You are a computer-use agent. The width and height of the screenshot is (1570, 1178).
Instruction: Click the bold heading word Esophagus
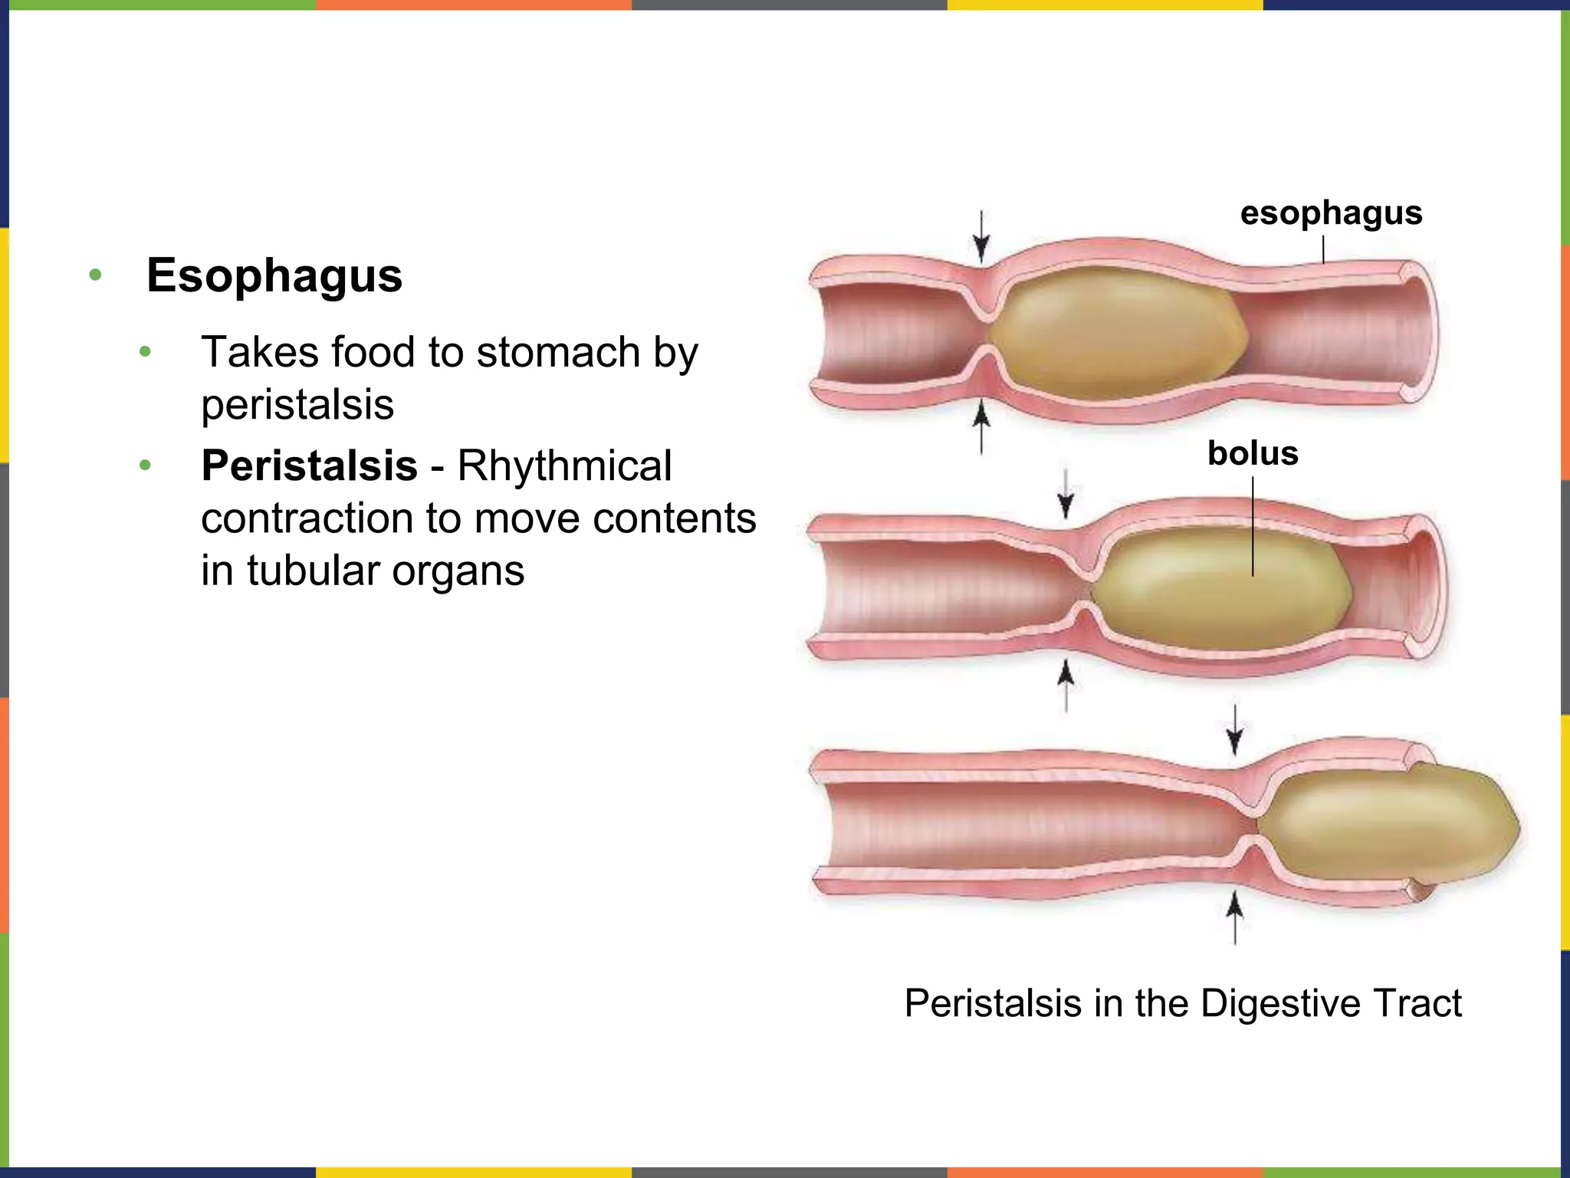tap(274, 275)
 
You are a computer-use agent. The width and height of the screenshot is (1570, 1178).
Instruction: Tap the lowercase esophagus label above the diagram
tap(1331, 214)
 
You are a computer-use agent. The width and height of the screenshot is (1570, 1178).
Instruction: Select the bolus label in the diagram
tap(1253, 453)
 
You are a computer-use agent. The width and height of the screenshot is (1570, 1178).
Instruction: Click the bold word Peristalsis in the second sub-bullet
tap(309, 466)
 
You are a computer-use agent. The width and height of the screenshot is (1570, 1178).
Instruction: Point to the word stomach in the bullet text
tap(557, 353)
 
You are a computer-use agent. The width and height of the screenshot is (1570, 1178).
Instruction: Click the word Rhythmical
tap(565, 466)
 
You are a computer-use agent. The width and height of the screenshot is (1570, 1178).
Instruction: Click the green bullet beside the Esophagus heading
tap(95, 275)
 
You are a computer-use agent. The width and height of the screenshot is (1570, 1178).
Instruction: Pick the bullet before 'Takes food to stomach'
tap(145, 352)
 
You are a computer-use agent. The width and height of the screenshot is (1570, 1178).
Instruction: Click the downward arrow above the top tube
tap(981, 237)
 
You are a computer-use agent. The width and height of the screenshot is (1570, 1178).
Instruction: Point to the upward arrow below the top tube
tap(981, 429)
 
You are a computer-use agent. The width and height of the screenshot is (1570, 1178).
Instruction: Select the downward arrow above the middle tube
tap(1066, 494)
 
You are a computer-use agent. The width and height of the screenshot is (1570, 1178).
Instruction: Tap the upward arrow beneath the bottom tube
tap(1234, 917)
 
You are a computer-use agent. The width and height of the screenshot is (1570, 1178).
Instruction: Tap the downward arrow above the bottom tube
tap(1234, 730)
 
